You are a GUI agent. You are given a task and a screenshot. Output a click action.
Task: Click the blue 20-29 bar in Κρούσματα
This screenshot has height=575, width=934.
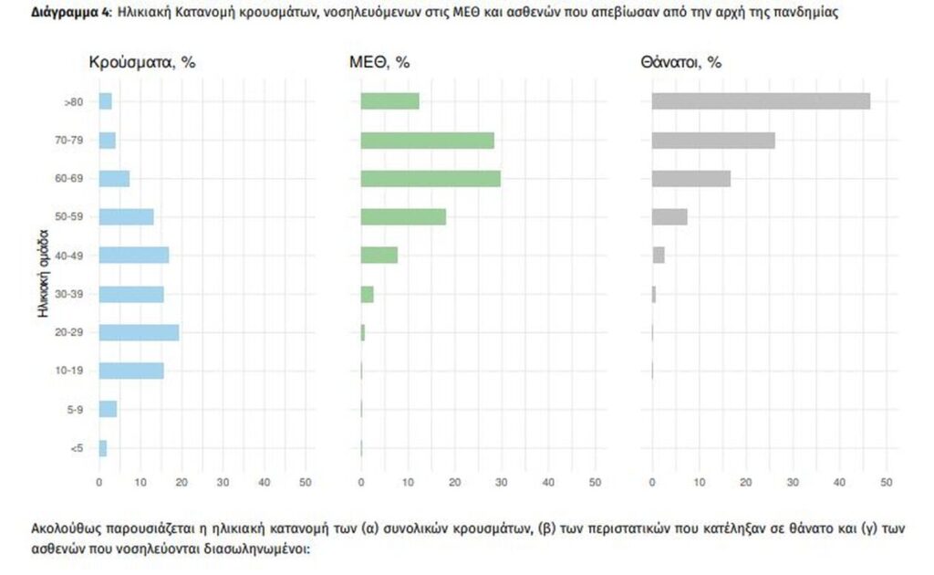[139, 332]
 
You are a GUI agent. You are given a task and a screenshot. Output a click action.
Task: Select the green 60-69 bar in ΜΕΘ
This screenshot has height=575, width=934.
[431, 179]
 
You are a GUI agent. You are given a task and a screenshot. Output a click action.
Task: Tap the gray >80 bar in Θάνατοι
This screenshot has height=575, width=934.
[761, 101]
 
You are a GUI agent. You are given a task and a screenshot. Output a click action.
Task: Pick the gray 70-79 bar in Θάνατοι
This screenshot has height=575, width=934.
[713, 141]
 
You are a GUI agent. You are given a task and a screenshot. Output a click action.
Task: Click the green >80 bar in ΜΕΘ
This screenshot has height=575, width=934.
[389, 101]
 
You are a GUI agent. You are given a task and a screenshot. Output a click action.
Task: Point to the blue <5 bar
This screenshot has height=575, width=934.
[103, 448]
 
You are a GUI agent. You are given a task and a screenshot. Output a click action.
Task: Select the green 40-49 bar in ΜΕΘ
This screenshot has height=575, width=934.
[379, 256]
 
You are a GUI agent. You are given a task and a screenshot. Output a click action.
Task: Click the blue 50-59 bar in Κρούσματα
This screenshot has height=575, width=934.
[126, 217]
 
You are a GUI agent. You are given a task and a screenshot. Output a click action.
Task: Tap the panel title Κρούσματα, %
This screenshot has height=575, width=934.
[142, 63]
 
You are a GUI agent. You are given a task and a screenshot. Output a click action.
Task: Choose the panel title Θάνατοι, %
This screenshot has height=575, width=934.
[681, 63]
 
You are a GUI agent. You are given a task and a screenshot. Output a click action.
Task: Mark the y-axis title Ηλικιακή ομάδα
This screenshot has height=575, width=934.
[43, 275]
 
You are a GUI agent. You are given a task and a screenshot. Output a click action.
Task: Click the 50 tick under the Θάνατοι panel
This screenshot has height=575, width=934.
[886, 482]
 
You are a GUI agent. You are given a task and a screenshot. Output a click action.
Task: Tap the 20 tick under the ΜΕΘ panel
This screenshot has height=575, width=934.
[454, 482]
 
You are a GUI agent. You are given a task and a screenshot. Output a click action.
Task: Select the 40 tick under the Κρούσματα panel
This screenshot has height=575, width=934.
[265, 482]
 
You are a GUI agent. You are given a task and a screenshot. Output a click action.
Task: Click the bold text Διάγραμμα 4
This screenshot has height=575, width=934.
[59, 14]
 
